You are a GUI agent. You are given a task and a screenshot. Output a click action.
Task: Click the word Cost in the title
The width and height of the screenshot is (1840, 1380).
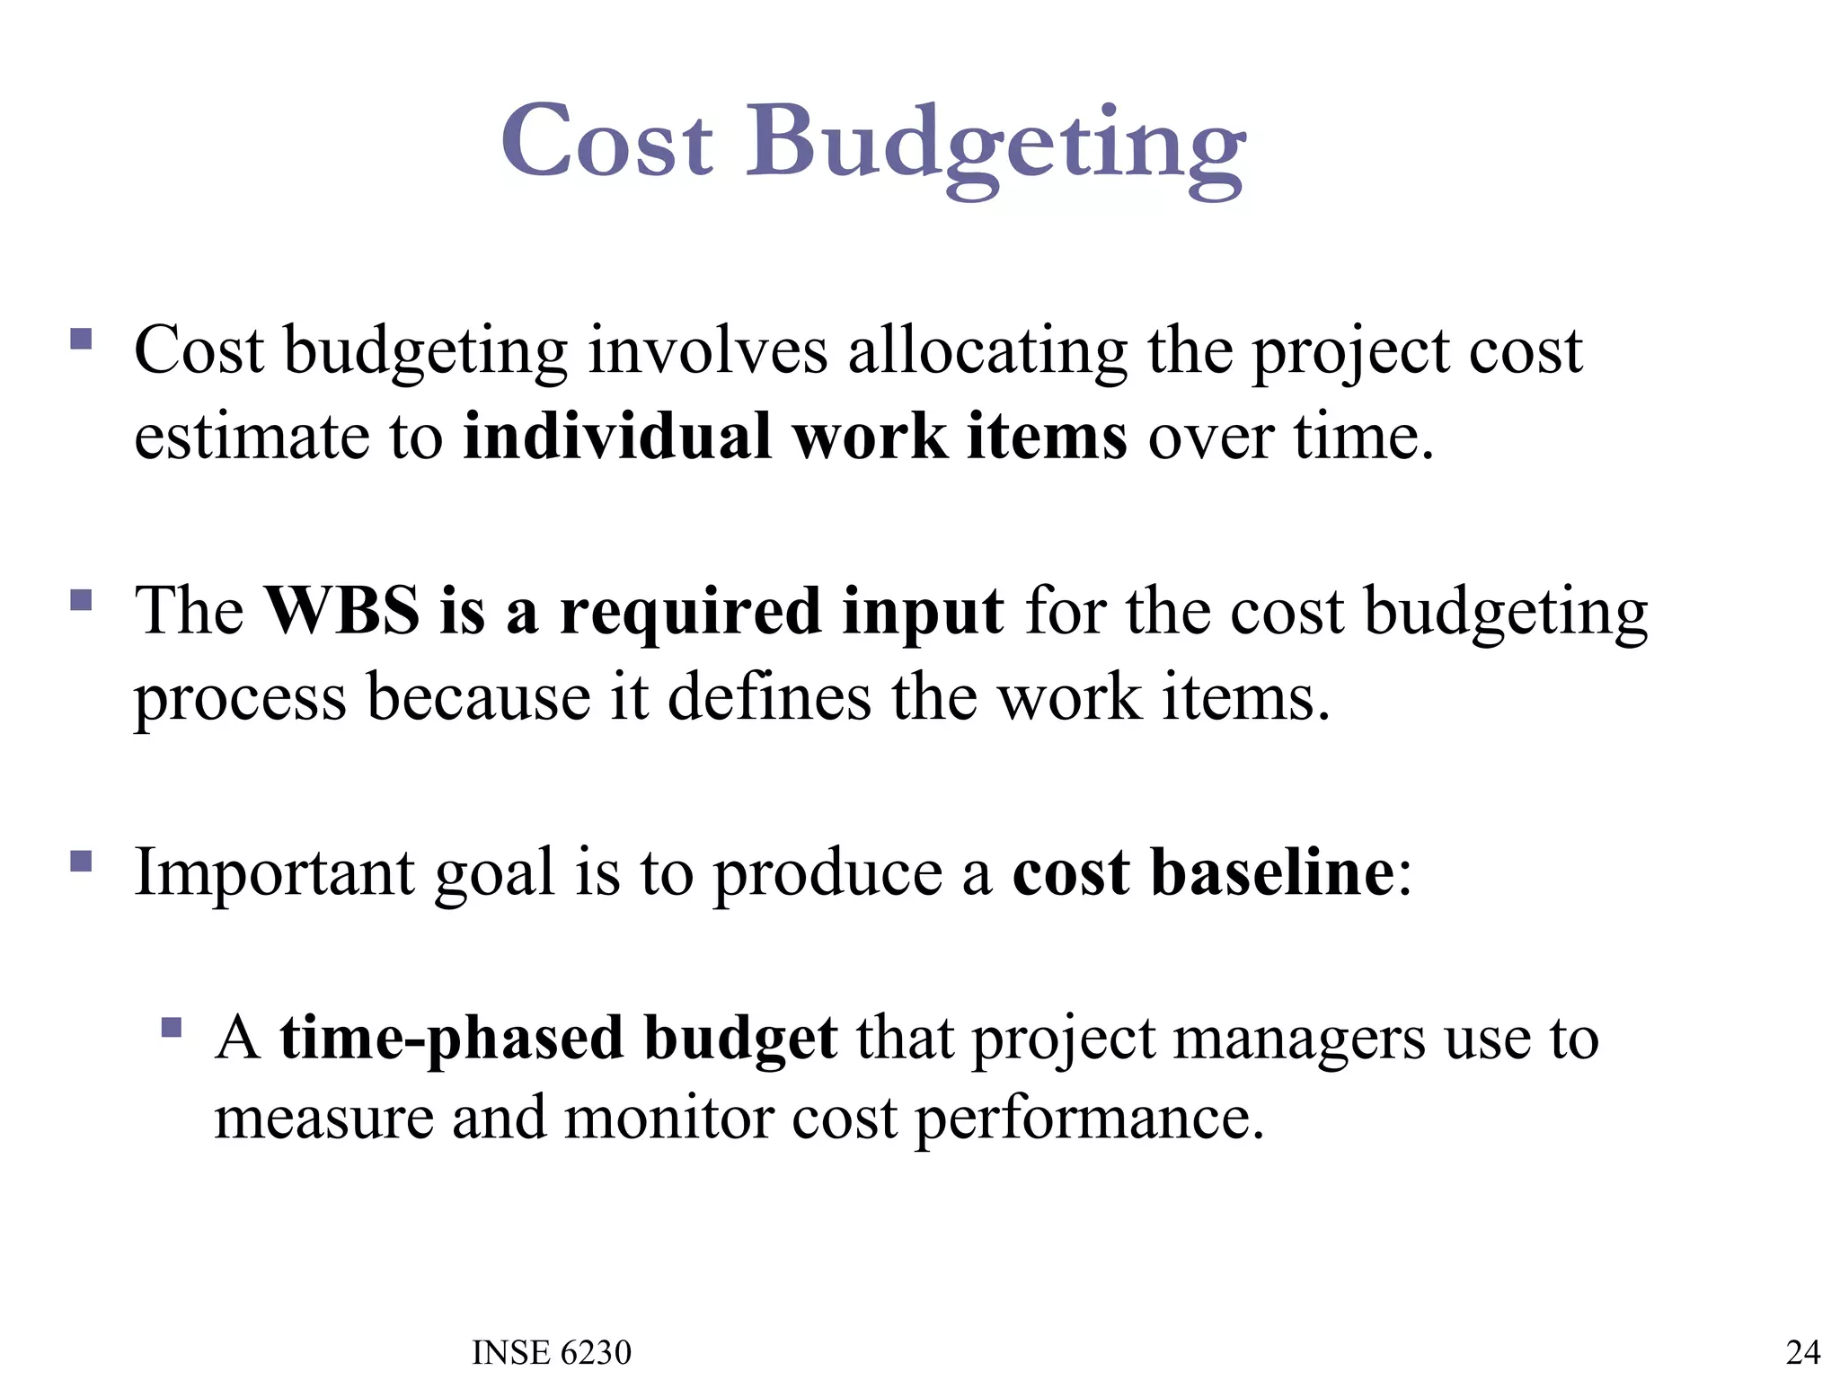(607, 141)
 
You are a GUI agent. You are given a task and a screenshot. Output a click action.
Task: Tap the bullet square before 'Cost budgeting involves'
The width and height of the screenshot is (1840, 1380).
(81, 339)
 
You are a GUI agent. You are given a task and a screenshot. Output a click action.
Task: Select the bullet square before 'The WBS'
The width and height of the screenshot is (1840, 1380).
(81, 599)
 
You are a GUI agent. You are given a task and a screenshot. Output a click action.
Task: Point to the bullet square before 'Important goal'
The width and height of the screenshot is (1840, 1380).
(81, 862)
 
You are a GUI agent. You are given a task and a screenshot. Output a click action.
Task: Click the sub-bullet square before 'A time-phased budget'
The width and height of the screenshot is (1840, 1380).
(172, 1026)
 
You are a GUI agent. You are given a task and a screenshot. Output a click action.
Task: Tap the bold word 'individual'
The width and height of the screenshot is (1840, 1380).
(617, 437)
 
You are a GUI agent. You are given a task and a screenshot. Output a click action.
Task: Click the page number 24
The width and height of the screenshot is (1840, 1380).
(1803, 1352)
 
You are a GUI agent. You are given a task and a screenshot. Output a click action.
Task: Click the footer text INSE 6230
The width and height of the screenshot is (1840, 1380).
(552, 1352)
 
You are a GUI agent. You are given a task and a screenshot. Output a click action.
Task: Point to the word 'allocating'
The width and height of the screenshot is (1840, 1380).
(987, 351)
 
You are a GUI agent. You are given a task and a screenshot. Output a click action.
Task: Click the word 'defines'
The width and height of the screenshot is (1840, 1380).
(769, 697)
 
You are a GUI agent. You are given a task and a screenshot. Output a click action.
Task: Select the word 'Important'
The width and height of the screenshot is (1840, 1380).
(274, 873)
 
